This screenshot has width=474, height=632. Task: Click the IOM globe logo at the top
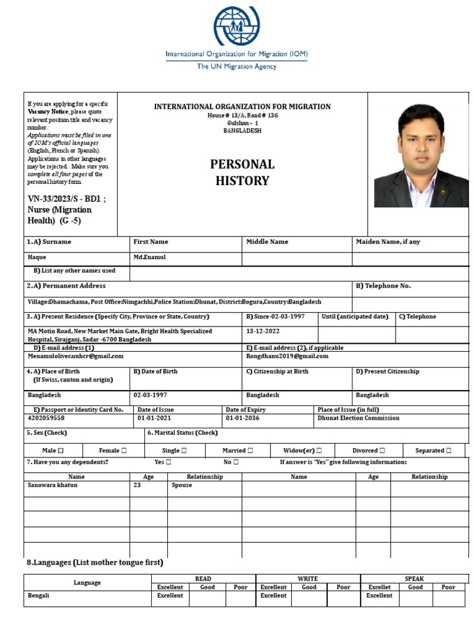coord(237,26)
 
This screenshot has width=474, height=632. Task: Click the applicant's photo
coord(421,154)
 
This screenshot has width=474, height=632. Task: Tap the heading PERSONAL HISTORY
coord(242,172)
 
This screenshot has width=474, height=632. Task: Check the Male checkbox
coord(60,451)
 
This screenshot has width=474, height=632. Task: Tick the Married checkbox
coord(249,451)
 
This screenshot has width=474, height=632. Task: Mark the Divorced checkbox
coord(383,451)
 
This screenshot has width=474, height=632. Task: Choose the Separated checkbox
coord(448,451)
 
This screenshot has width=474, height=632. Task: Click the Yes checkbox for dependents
coord(168,462)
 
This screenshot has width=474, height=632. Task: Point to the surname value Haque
coord(37,257)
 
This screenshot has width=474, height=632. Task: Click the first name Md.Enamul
coord(149,257)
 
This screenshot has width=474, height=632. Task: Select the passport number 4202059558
coord(46,418)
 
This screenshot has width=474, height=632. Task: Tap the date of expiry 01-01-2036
coord(243,418)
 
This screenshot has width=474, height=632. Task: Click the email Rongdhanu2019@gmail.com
coord(287,356)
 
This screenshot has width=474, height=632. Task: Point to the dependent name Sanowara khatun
coord(52,485)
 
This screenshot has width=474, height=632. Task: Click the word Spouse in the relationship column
coord(181,485)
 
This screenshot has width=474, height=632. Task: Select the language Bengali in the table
coord(38,596)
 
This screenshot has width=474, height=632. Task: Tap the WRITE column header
coord(307,578)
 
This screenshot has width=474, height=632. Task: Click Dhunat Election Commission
coord(358,418)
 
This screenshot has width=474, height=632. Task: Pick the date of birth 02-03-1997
coord(150,395)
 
